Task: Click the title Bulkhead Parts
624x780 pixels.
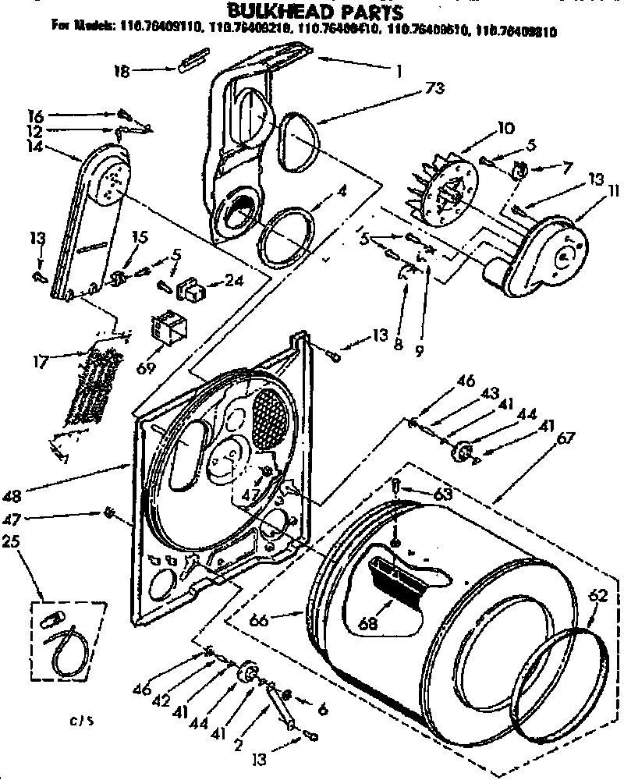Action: [x=314, y=12]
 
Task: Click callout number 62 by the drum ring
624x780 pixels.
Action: [x=596, y=594]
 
